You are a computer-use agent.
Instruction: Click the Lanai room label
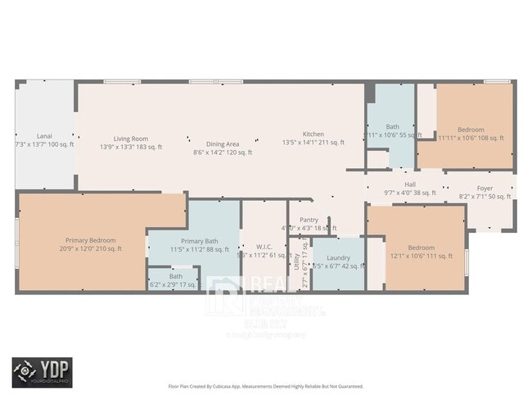(x=44, y=134)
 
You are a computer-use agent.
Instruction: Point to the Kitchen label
(x=313, y=134)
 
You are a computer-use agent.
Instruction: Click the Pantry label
(x=309, y=219)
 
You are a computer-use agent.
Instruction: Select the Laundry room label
(x=338, y=257)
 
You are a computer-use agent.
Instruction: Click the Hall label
(x=410, y=184)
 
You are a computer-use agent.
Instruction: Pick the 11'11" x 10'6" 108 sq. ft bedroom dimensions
(x=471, y=139)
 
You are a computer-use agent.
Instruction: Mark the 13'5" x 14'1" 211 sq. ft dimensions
(x=313, y=143)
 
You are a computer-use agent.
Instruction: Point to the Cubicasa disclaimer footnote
(x=266, y=384)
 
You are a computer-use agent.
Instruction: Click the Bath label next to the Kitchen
(x=392, y=126)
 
